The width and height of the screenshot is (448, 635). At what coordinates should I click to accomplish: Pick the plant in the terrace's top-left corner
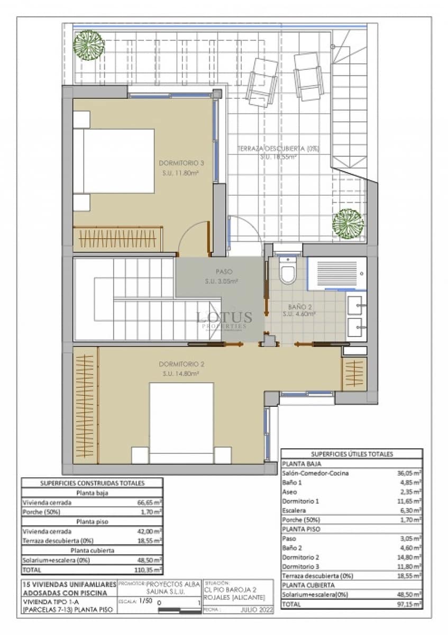pos(88,44)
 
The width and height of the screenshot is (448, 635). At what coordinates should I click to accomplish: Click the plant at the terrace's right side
pos(348,224)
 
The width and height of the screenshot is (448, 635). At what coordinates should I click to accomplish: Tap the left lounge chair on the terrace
pos(263,82)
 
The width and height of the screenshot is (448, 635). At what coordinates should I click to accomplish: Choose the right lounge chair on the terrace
pos(308,76)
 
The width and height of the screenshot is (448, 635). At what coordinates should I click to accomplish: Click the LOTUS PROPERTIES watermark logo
pos(224,319)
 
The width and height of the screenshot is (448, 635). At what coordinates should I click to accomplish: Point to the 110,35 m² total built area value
pos(150,570)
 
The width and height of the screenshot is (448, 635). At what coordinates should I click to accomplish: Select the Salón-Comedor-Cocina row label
pos(315,473)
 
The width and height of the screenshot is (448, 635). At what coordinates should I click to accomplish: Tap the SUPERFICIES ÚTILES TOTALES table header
pos(352,454)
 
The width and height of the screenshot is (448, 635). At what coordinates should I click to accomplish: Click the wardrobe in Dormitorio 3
pos(117,239)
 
